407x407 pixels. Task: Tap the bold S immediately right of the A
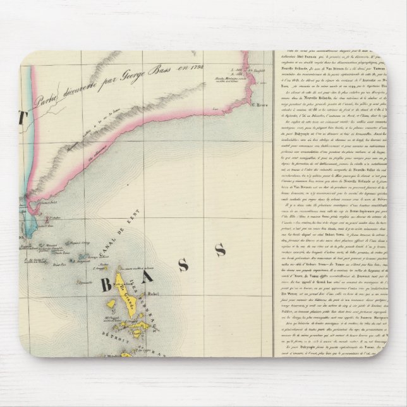click(183, 264)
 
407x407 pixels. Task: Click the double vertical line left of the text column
click(274, 190)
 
